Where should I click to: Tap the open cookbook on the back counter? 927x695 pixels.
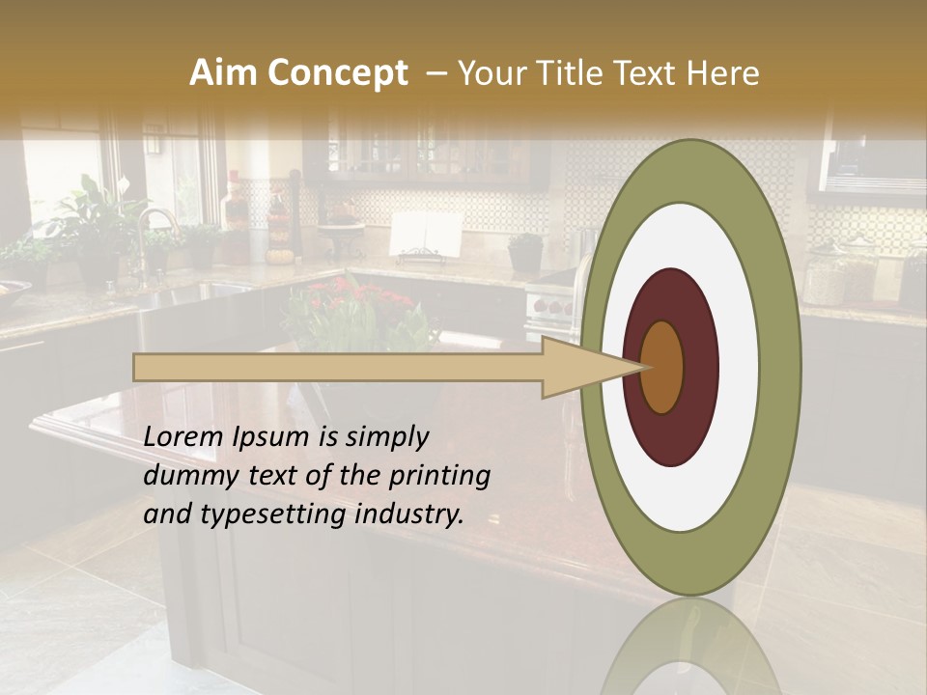pos(426,235)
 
